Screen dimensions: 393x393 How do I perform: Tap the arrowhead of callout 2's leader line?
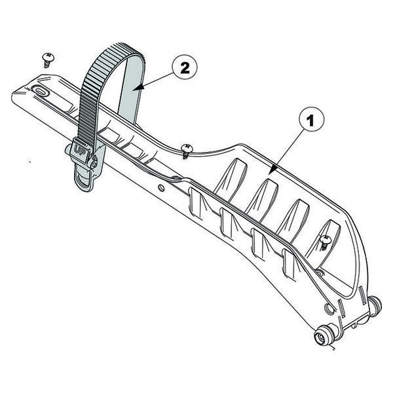tap(134, 86)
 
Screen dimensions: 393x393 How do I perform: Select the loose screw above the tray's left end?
tap(48, 60)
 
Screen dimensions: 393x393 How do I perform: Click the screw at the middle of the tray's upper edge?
tap(187, 150)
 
